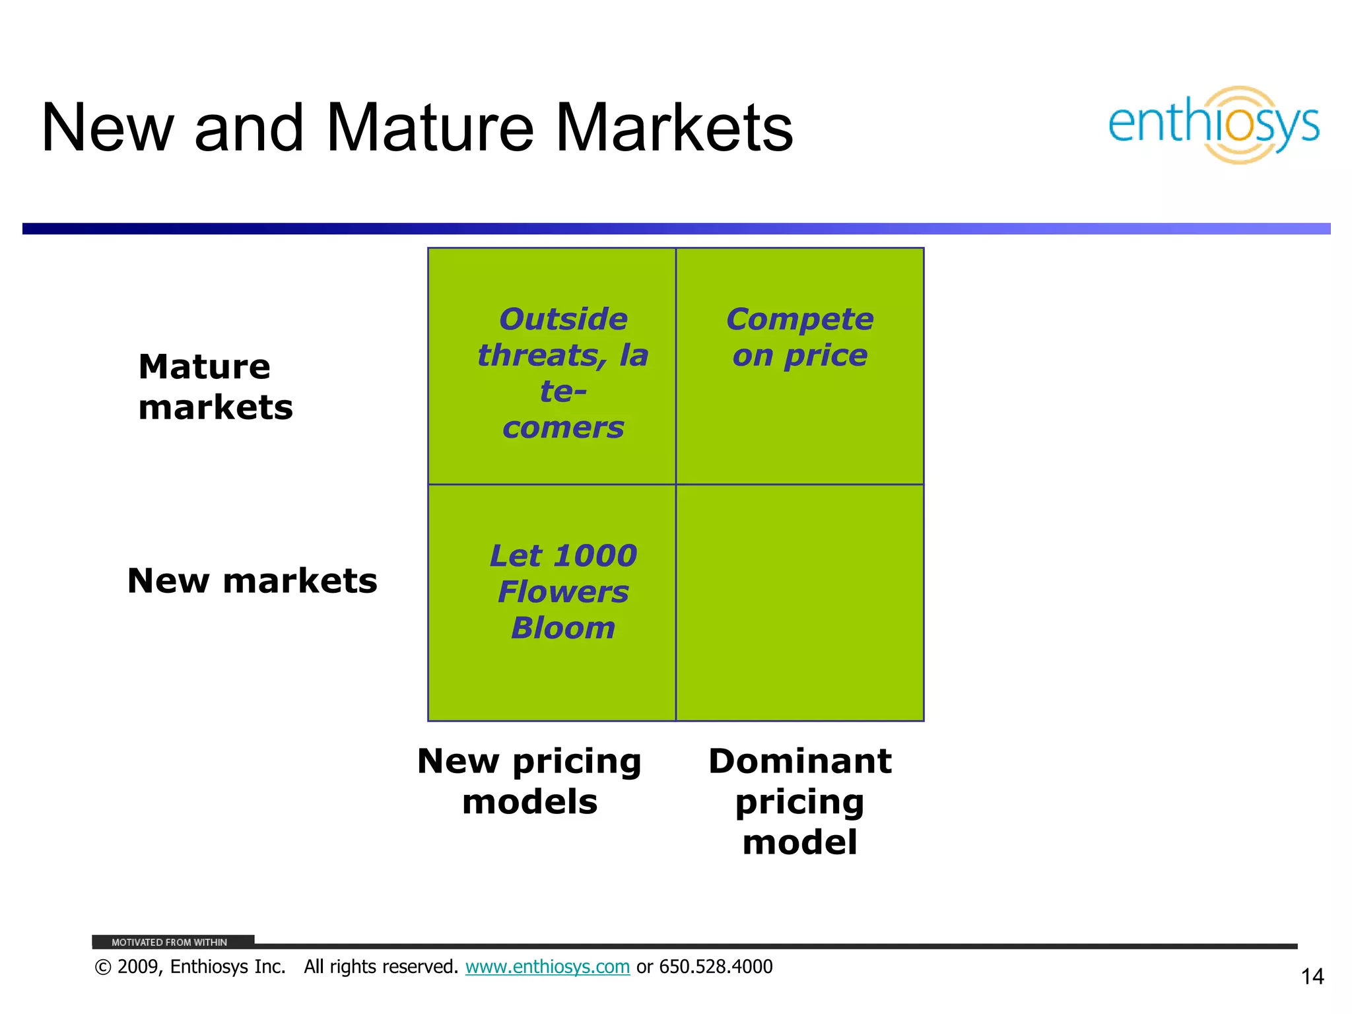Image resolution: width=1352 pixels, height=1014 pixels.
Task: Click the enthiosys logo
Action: [1213, 125]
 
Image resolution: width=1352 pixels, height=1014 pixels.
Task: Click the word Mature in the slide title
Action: [429, 128]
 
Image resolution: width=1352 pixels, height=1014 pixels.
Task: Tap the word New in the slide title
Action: [108, 128]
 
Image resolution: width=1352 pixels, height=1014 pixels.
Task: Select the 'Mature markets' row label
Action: [215, 387]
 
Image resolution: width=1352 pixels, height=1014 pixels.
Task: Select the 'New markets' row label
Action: [252, 581]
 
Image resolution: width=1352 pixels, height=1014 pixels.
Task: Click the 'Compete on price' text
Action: [799, 337]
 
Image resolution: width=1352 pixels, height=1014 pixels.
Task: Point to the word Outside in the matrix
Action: [563, 320]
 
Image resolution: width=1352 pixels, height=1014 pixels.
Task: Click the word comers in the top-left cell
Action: [563, 428]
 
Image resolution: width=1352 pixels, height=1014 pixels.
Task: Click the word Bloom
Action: [563, 628]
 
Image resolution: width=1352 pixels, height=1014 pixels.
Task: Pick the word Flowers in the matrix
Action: [563, 592]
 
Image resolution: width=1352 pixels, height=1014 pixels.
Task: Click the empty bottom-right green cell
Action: [799, 602]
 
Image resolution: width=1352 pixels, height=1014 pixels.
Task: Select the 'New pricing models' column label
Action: [529, 781]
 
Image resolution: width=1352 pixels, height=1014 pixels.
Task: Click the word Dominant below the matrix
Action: [799, 761]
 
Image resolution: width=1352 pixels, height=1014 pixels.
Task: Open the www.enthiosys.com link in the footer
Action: [547, 967]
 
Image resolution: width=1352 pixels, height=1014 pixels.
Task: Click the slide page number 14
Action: [1312, 976]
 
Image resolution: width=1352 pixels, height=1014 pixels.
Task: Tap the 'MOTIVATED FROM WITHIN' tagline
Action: [169, 942]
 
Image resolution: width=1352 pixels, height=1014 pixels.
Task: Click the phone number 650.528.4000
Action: [716, 967]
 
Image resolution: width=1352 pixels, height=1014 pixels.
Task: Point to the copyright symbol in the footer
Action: [103, 968]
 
